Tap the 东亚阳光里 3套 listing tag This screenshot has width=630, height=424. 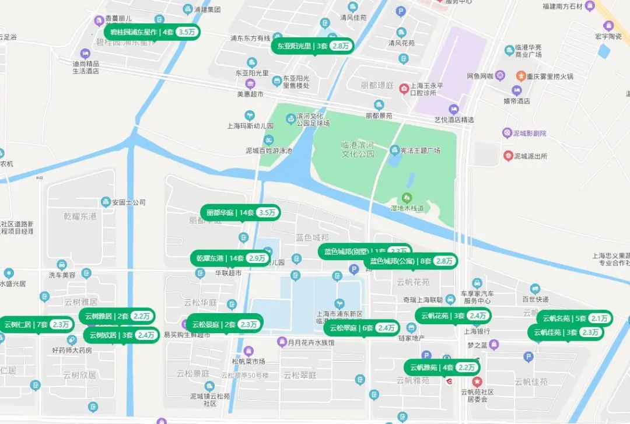coord(313,45)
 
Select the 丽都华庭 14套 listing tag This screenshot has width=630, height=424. coord(240,212)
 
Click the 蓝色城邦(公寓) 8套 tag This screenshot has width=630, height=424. coord(411,261)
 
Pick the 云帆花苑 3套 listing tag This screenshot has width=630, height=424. coord(453,316)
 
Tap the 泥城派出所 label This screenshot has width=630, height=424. coord(530,156)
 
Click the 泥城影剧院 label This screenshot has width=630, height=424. coord(530,134)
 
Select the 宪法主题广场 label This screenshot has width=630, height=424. coord(420,150)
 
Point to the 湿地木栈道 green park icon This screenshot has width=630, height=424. coord(407,198)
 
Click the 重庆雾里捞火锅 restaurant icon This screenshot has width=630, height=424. coord(521,76)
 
